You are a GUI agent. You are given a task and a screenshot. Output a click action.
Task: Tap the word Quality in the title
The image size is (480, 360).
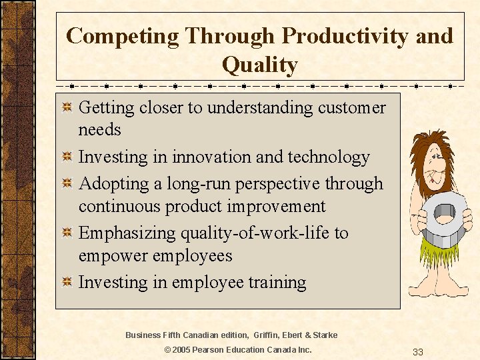259,65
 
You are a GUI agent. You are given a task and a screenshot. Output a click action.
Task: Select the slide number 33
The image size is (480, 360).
418,351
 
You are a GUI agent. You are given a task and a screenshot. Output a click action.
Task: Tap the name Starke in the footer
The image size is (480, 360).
323,335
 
